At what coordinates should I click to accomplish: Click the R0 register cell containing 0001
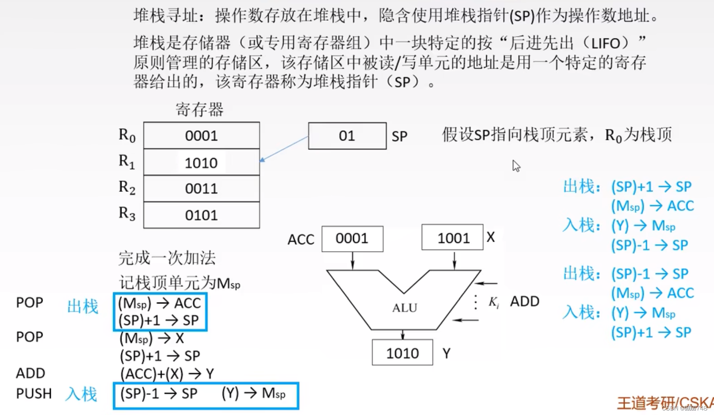pyautogui.click(x=201, y=135)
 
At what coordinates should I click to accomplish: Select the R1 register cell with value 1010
pyautogui.click(x=201, y=162)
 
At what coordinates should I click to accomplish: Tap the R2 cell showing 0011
pyautogui.click(x=201, y=188)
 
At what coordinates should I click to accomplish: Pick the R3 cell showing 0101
pyautogui.click(x=201, y=215)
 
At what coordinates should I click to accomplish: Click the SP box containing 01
pyautogui.click(x=347, y=136)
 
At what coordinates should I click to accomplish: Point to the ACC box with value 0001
pyautogui.click(x=352, y=239)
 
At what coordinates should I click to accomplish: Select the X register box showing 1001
pyautogui.click(x=452, y=238)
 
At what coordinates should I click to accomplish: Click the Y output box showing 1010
pyautogui.click(x=402, y=353)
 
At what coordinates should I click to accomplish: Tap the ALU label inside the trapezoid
pyautogui.click(x=404, y=308)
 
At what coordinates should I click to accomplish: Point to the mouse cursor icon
pyautogui.click(x=516, y=166)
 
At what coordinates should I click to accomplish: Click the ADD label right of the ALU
pyautogui.click(x=524, y=301)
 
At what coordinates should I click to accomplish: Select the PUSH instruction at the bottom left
pyautogui.click(x=34, y=393)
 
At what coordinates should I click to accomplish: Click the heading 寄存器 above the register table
pyautogui.click(x=200, y=110)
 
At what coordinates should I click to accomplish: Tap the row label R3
pyautogui.click(x=127, y=213)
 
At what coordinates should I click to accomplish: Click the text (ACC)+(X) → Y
pyautogui.click(x=167, y=373)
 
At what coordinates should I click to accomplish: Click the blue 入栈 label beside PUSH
pyautogui.click(x=81, y=394)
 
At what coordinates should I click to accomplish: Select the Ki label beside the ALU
pyautogui.click(x=494, y=302)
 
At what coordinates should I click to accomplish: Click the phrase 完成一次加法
pyautogui.click(x=167, y=258)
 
